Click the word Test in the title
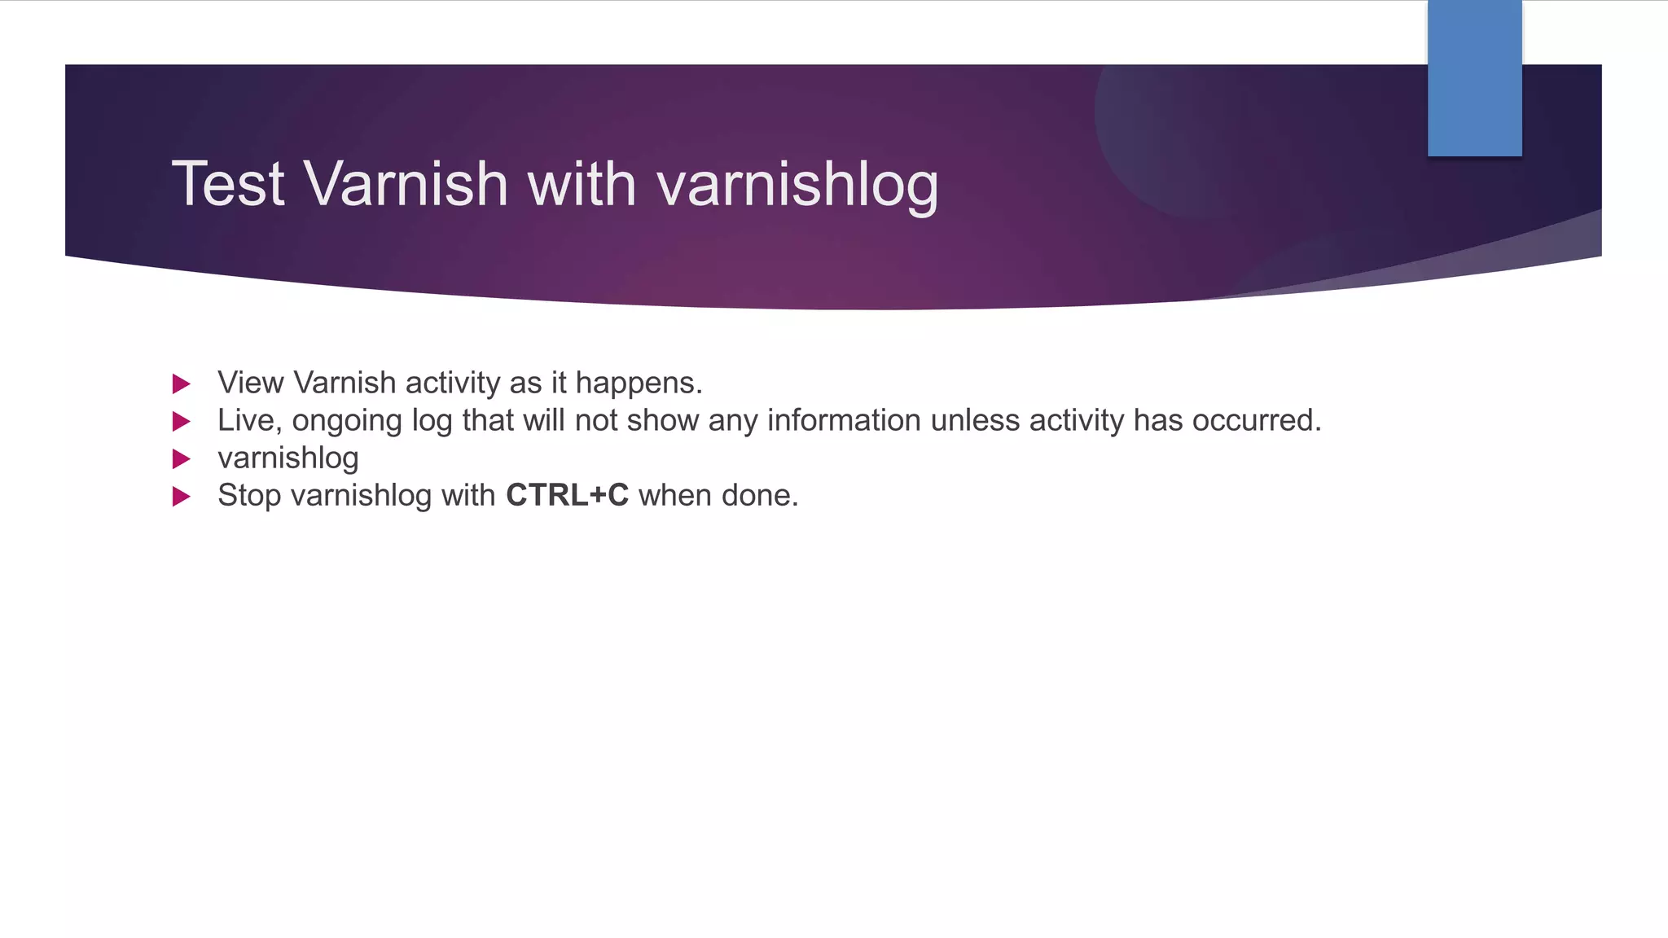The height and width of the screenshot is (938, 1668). pyautogui.click(x=227, y=184)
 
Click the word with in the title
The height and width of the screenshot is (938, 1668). pyautogui.click(x=582, y=184)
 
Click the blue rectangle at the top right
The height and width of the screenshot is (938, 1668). pyautogui.click(x=1474, y=78)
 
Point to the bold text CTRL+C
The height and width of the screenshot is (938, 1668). pyautogui.click(x=567, y=495)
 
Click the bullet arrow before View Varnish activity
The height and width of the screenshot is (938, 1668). pyautogui.click(x=182, y=384)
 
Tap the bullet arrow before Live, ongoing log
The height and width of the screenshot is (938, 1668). pyautogui.click(x=182, y=421)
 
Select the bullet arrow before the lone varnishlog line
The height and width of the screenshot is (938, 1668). pyautogui.click(x=182, y=458)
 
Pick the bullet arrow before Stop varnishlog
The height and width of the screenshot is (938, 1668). pyautogui.click(x=182, y=496)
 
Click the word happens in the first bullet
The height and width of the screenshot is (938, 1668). pyautogui.click(x=638, y=384)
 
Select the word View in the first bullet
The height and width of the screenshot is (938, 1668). pyautogui.click(x=250, y=383)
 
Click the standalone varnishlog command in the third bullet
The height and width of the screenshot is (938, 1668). pyautogui.click(x=288, y=458)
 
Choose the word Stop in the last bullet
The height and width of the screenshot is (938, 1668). pyautogui.click(x=249, y=496)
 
